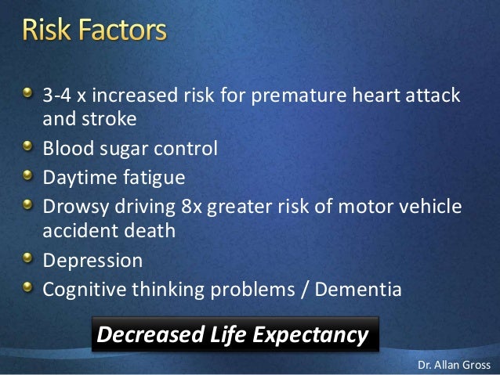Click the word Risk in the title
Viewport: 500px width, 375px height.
pyautogui.click(x=46, y=30)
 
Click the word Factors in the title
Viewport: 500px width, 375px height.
pyautogui.click(x=122, y=30)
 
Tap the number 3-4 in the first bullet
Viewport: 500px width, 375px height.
pyautogui.click(x=56, y=95)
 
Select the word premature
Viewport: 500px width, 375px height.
pyautogui.click(x=299, y=96)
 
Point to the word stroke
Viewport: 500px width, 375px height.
pyautogui.click(x=109, y=118)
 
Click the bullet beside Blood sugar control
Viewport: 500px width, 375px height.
pyautogui.click(x=27, y=146)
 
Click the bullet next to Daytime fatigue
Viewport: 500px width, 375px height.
pyautogui.click(x=27, y=175)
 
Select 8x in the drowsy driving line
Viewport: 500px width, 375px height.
pyautogui.click(x=191, y=207)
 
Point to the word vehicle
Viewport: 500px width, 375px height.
pyautogui.click(x=430, y=206)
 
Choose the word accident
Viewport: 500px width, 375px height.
pyautogui.click(x=81, y=230)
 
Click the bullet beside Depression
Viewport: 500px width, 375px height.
pyautogui.click(x=27, y=258)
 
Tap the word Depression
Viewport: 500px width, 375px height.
pyautogui.click(x=92, y=261)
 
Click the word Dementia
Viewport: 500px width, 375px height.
pyautogui.click(x=358, y=290)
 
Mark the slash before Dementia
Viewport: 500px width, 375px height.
pyautogui.click(x=305, y=290)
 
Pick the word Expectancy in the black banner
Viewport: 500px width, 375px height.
pyautogui.click(x=310, y=336)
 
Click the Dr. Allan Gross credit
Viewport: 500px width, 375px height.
pyautogui.click(x=454, y=365)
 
